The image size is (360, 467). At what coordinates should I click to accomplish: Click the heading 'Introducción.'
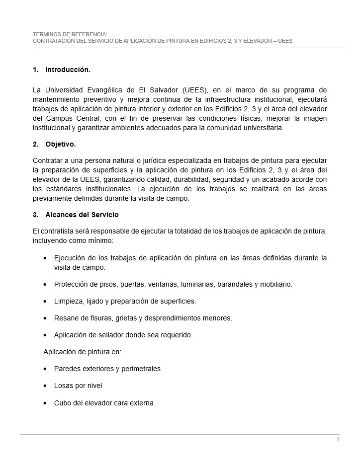click(x=68, y=70)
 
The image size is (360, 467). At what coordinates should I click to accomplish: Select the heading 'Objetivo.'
click(x=60, y=145)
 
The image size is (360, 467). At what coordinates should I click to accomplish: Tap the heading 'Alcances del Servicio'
click(x=82, y=215)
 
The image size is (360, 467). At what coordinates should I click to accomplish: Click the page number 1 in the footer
click(x=338, y=440)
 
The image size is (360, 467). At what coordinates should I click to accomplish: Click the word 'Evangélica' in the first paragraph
click(x=103, y=90)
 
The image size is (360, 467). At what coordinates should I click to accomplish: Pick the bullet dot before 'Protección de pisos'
click(x=46, y=285)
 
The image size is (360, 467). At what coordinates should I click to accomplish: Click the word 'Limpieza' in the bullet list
click(x=69, y=301)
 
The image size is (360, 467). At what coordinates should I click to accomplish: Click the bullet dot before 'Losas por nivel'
click(x=46, y=386)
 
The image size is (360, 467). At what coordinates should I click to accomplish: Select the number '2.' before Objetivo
click(x=36, y=145)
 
